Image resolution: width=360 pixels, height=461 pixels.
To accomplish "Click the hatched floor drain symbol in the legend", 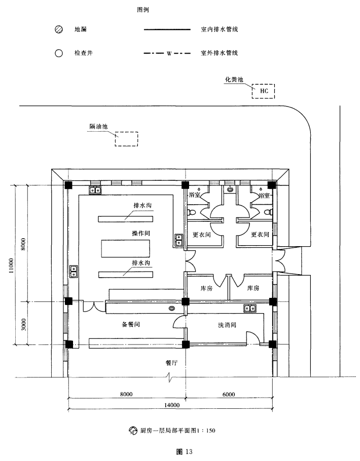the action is pos(59,29).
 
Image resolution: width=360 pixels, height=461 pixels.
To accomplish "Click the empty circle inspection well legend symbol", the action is pos(59,53).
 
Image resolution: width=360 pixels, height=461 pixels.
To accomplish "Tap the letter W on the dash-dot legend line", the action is pos(169,54).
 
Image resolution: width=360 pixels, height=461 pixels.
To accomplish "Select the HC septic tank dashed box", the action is pos(263,91).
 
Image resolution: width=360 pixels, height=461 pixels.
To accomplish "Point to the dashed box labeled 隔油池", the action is pos(126,139).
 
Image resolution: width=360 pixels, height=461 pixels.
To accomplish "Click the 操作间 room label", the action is pos(141,233).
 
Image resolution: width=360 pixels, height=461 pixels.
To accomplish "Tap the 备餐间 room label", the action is pos(131,324).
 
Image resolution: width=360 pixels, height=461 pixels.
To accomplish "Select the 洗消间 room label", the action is pos(227,325).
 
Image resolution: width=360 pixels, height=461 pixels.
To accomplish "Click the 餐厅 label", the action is pos(171,363).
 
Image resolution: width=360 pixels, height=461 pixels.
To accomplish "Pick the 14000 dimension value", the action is pos(172,405).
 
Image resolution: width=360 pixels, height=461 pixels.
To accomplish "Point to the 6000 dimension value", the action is pos(229,394).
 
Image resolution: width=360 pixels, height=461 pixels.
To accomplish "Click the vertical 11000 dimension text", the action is pos(11,266).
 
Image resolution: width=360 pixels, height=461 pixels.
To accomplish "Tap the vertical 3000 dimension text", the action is pos(24,324).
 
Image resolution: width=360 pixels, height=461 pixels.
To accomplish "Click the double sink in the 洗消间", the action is pos(250,309).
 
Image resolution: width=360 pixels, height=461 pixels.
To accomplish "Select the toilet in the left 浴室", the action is pos(192,212).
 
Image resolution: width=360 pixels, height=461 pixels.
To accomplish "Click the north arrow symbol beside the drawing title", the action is pos(133,431).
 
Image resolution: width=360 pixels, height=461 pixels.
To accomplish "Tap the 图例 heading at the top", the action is pos(143,10).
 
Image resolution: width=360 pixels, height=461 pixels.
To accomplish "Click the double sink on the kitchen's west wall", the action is pos(74,272).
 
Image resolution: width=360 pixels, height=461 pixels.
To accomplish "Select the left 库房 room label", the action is pos(206,288).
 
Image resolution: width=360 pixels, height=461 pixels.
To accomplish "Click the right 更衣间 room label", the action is pos(260,235).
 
